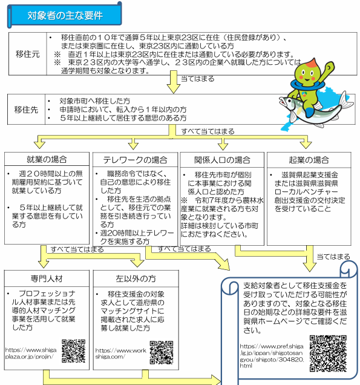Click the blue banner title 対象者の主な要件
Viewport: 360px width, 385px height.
pos(65,16)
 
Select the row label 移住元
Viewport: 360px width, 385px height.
pos(27,54)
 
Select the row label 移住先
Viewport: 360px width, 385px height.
pos(26,110)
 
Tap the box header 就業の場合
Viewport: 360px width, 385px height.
pos(47,159)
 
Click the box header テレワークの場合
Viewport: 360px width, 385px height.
pos(135,160)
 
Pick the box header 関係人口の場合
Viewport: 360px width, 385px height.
pos(222,160)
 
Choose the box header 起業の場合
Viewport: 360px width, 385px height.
pos(309,160)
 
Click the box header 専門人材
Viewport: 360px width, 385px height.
pos(47,278)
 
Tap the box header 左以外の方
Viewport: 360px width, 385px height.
pos(136,278)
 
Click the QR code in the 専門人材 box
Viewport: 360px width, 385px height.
pos(73,351)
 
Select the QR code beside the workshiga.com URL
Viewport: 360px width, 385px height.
pos(162,352)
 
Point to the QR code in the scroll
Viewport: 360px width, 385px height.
pos(328,354)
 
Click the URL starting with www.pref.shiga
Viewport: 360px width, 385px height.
pos(272,356)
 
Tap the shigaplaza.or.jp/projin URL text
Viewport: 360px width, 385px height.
pos(31,353)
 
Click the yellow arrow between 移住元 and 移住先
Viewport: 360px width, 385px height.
pos(174,82)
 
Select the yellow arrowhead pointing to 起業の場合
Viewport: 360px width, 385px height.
pos(306,145)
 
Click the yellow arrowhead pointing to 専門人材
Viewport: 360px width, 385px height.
pos(44,264)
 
